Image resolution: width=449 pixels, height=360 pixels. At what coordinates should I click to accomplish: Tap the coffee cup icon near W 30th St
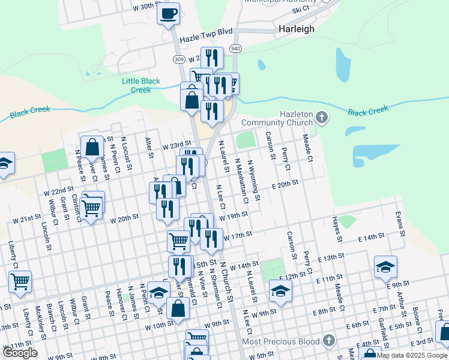point(169,13)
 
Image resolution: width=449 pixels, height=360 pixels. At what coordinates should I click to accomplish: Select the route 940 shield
point(235,49)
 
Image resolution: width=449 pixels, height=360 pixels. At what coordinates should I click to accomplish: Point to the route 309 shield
point(178,59)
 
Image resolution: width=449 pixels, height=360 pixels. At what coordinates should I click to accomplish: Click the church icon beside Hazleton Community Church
point(322,117)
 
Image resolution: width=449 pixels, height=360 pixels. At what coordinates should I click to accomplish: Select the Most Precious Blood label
point(280,341)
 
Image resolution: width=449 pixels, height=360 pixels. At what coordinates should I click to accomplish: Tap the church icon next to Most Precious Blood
point(328,341)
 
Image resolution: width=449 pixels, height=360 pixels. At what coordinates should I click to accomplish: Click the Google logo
point(20,353)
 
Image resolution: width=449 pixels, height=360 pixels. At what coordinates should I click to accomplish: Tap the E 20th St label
point(285,185)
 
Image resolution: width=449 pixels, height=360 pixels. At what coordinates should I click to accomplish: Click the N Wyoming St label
point(254,184)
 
